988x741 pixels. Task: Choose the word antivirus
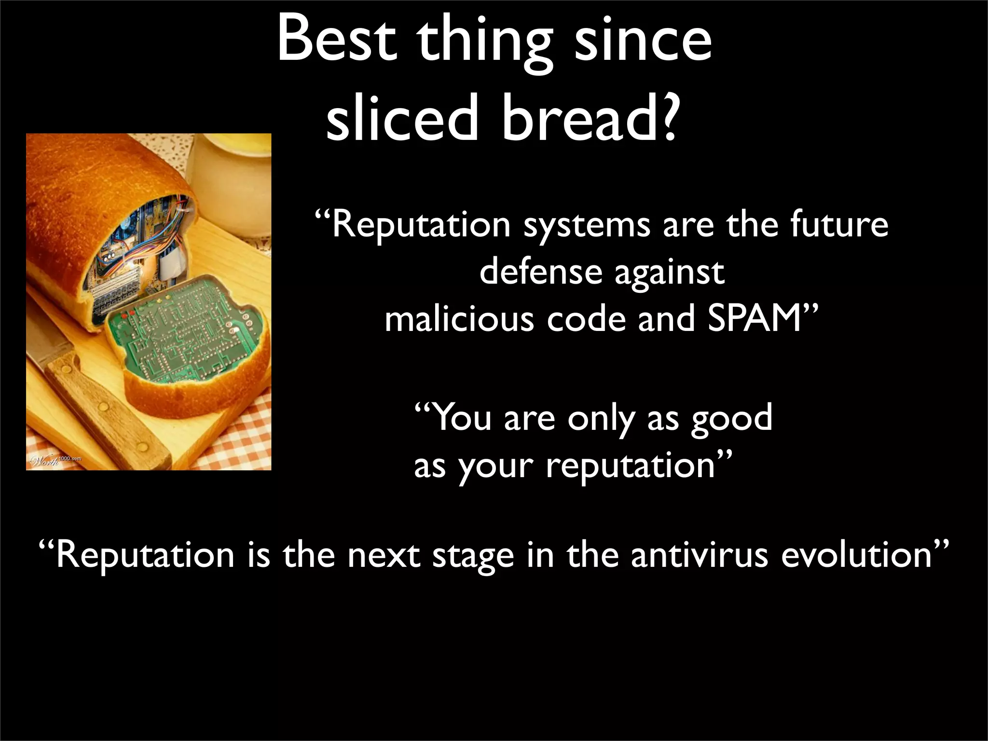point(699,555)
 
